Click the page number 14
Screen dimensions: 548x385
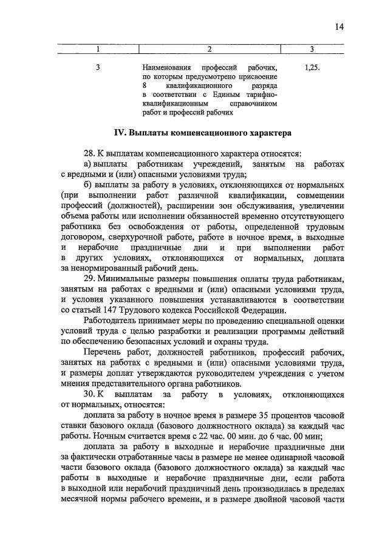pyautogui.click(x=339, y=26)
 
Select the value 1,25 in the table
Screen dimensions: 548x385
pyautogui.click(x=310, y=68)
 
